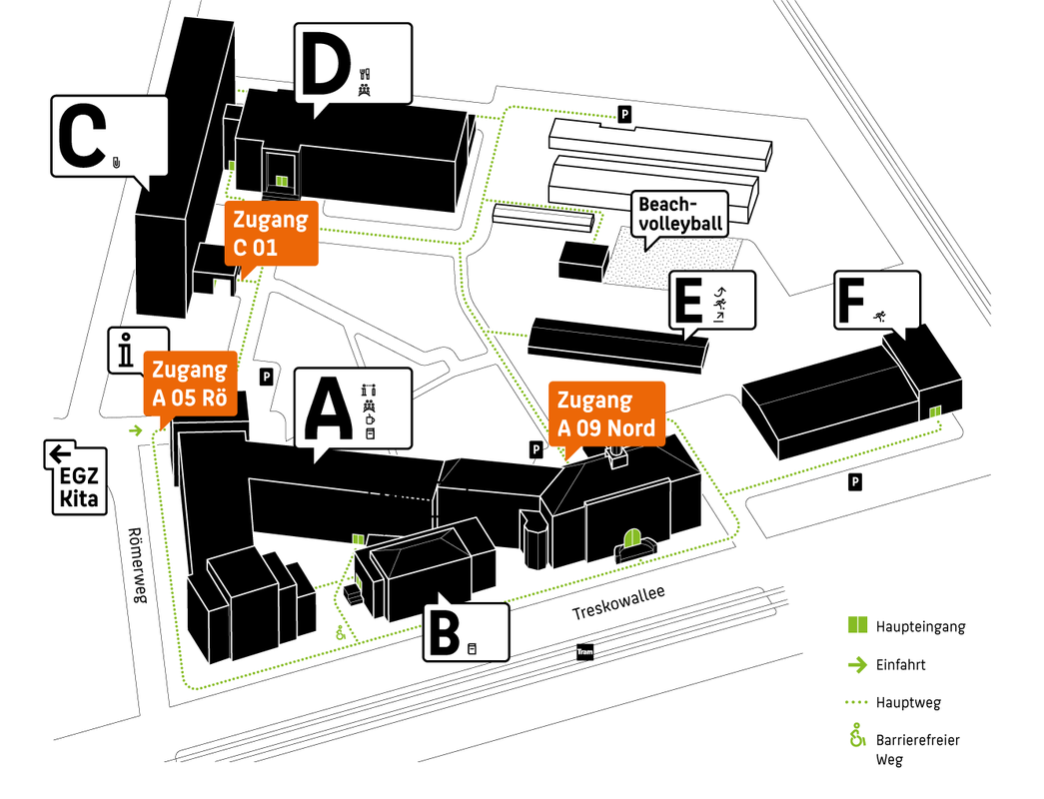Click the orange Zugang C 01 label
coord(271,232)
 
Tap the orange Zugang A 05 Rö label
coord(190,385)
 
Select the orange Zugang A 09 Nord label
coord(605,413)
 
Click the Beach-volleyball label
coord(680,214)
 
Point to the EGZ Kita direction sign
coord(77,478)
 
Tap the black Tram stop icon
coord(585,654)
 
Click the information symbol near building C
coord(125,351)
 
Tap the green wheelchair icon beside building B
coord(340,632)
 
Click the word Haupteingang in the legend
coord(920,627)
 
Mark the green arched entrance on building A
coord(632,540)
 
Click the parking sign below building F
coord(855,483)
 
